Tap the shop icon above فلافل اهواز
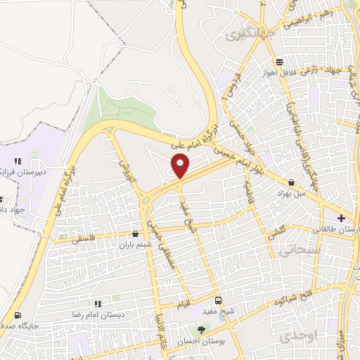tap(280, 61)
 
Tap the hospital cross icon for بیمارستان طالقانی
tap(341, 219)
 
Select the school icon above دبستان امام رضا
tap(98, 304)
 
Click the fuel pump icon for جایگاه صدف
tap(18, 315)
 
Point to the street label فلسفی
tap(84, 239)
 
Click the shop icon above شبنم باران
tap(135, 233)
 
